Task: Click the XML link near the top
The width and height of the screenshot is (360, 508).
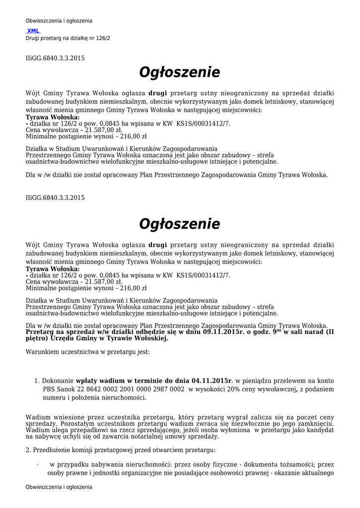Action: [33, 31]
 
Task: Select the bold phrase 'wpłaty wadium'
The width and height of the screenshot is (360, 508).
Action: [101, 381]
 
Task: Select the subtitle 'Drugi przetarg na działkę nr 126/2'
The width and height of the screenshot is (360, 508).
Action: [68, 38]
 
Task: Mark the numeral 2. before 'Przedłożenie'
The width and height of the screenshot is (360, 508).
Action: [28, 450]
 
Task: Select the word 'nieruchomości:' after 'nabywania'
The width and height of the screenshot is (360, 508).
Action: [143, 465]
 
